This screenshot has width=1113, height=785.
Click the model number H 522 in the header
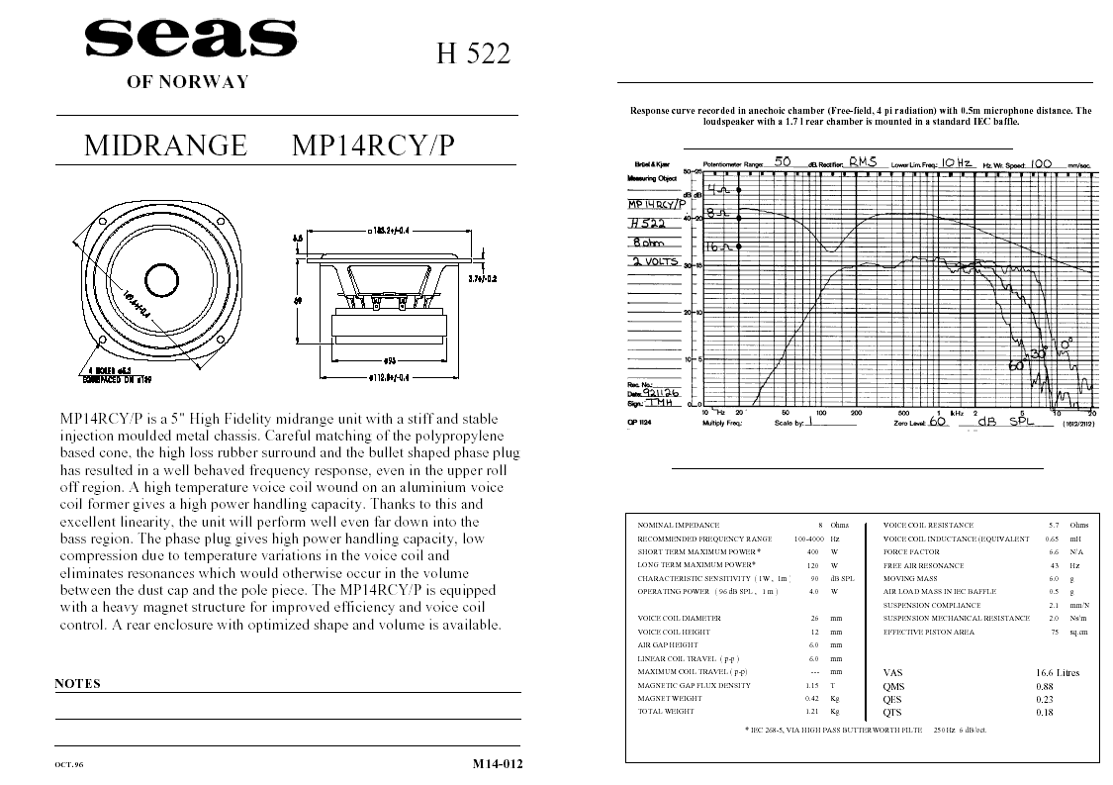pyautogui.click(x=473, y=54)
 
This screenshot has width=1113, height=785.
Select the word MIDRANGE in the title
pyautogui.click(x=165, y=146)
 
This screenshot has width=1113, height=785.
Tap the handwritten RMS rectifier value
pyautogui.click(x=862, y=160)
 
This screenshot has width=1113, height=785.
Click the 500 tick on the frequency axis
pyautogui.click(x=903, y=412)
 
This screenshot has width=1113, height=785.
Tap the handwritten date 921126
pyautogui.click(x=662, y=393)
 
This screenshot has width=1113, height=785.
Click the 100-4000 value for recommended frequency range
pyautogui.click(x=810, y=539)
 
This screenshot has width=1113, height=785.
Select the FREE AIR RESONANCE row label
pyautogui.click(x=924, y=565)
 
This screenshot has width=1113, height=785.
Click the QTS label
pyautogui.click(x=892, y=712)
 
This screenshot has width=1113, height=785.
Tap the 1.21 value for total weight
pyautogui.click(x=812, y=711)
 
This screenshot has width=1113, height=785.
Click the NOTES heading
pyautogui.click(x=77, y=683)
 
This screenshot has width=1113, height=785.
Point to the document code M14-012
pyautogui.click(x=498, y=763)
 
